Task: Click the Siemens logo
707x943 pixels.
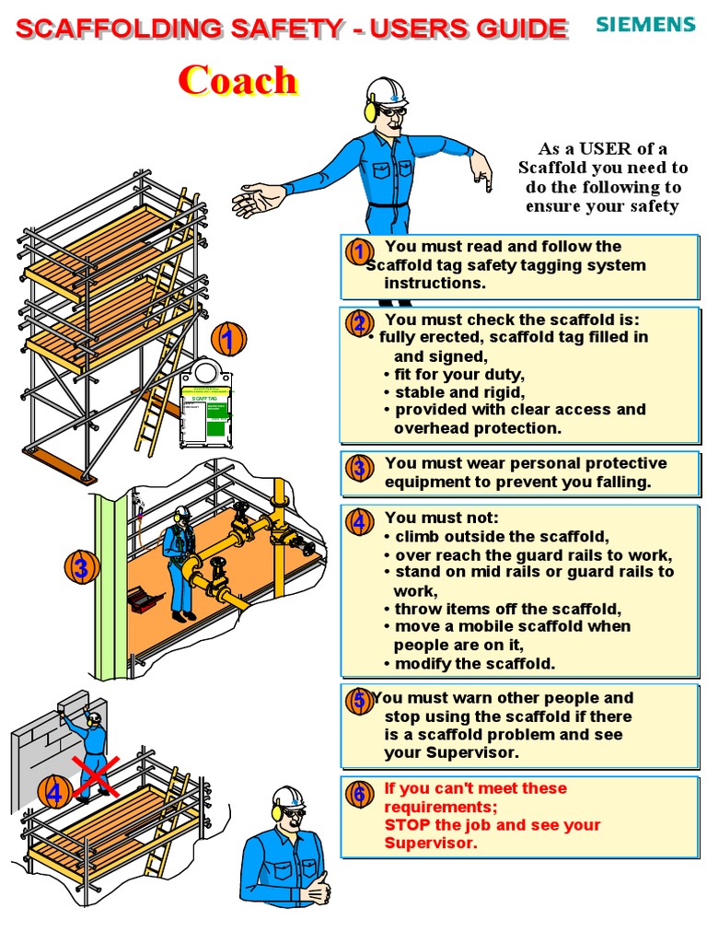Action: pyautogui.click(x=644, y=24)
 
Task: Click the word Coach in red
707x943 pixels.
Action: pyautogui.click(x=238, y=80)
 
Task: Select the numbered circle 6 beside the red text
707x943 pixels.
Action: pyautogui.click(x=359, y=793)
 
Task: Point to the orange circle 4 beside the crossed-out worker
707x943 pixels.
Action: pyautogui.click(x=55, y=792)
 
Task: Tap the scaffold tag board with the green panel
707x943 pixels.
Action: pyautogui.click(x=205, y=410)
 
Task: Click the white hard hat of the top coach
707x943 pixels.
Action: pyautogui.click(x=387, y=92)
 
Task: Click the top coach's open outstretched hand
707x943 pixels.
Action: pyautogui.click(x=258, y=199)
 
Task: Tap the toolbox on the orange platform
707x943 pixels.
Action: pyautogui.click(x=145, y=599)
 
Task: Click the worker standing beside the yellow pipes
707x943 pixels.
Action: pyautogui.click(x=180, y=562)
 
